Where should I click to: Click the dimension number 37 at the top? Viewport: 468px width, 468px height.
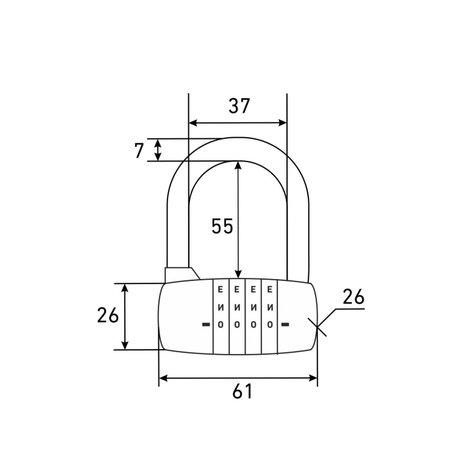[239, 105]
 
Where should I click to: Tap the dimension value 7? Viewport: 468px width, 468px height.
[139, 151]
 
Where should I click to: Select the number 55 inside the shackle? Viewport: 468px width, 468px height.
[222, 226]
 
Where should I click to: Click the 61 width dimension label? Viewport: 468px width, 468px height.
[243, 391]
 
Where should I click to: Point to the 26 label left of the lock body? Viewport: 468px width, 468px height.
[108, 315]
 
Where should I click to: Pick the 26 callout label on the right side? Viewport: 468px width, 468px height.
[353, 297]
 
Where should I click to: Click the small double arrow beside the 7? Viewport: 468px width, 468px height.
[158, 150]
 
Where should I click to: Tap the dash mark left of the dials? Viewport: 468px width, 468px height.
[206, 324]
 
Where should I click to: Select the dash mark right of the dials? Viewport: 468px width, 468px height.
[286, 324]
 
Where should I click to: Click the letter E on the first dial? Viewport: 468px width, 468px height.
[221, 289]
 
